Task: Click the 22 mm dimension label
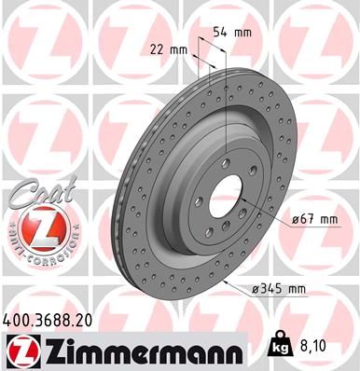pyautogui.click(x=167, y=49)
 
